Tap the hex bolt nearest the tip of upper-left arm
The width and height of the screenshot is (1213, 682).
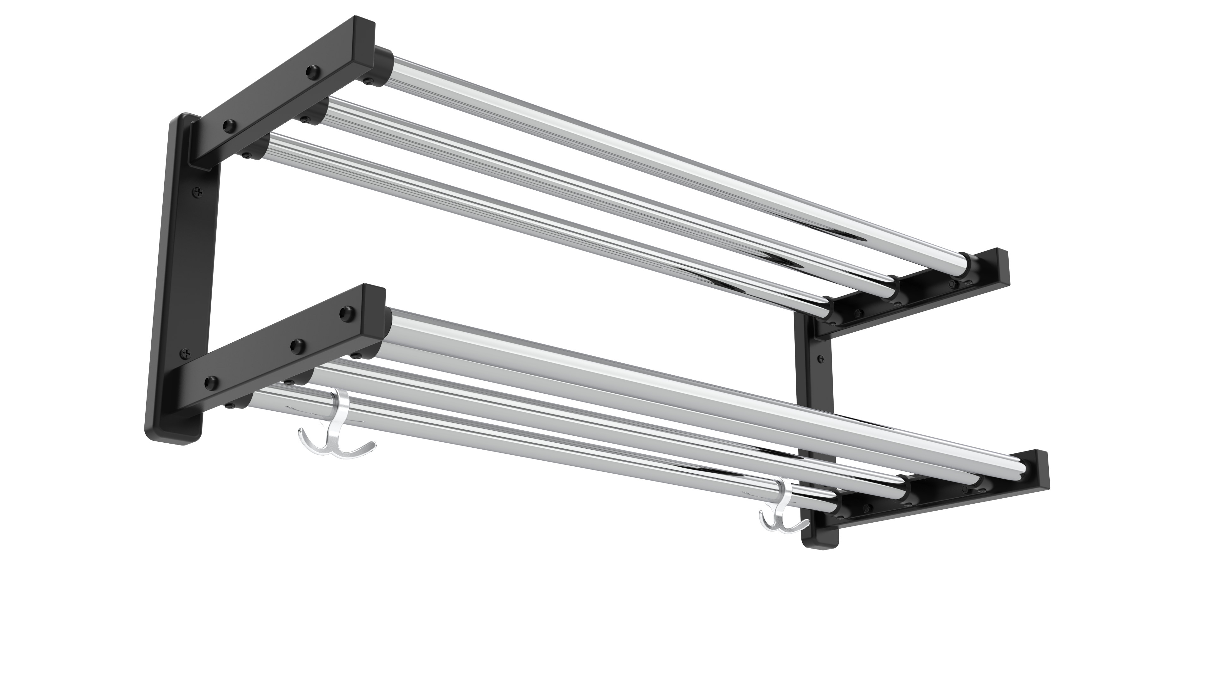tap(312, 72)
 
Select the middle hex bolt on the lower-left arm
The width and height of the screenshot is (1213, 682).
tap(296, 346)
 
